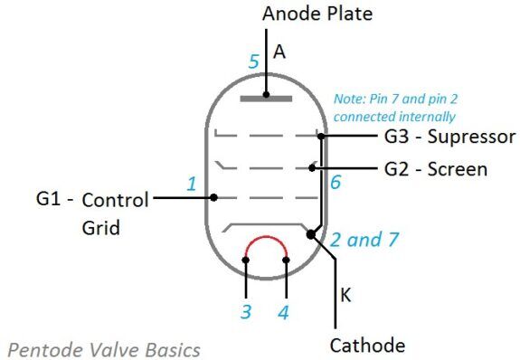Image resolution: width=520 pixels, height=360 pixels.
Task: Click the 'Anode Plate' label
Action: pos(317,14)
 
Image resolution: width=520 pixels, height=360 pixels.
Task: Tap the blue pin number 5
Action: pos(254,63)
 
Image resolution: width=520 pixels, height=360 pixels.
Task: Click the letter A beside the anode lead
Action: pos(279,52)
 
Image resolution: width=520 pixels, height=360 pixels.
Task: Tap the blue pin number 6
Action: pos(336,182)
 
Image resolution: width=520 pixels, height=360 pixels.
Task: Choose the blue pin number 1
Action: pos(191,185)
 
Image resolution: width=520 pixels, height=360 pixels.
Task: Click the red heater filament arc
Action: pos(267,242)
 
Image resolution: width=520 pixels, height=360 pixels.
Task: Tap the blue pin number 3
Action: pos(245,313)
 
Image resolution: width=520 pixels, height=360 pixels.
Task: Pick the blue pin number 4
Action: pos(284,313)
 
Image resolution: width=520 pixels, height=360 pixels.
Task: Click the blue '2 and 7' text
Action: pos(364,241)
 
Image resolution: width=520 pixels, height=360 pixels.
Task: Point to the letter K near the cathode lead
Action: pos(346,295)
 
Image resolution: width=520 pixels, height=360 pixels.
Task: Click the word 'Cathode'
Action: pos(367,345)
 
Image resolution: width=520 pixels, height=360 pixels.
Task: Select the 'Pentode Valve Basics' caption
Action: pos(104,348)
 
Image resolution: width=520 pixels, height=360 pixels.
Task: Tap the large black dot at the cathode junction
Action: pos(311,234)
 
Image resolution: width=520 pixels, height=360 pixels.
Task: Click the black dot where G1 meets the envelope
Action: pos(213,196)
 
